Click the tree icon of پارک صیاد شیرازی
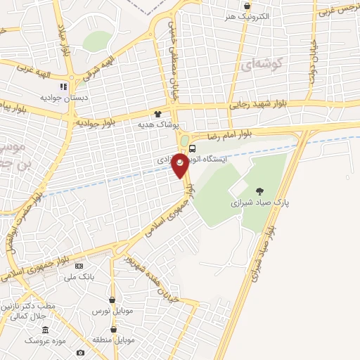coord(260,191)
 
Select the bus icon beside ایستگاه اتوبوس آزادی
coord(193,148)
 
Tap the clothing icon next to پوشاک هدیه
coord(157,113)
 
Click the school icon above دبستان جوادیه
coord(63,86)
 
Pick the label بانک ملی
coord(79,277)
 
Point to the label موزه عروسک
coord(45,340)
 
